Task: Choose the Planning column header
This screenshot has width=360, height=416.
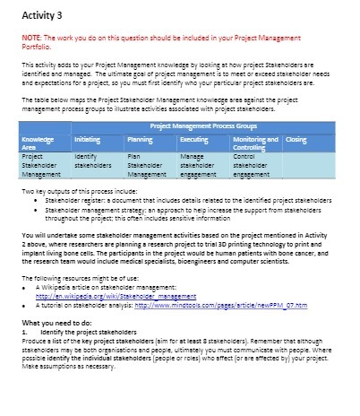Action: pyautogui.click(x=138, y=141)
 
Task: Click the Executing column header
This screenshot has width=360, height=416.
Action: pyautogui.click(x=193, y=141)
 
